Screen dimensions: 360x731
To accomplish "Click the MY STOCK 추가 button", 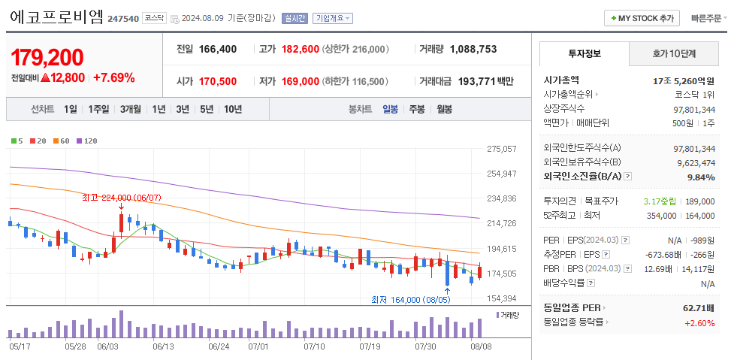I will tap(642, 18).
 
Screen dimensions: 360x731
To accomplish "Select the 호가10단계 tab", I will tap(673, 54).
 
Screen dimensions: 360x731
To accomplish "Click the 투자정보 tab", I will tap(584, 54).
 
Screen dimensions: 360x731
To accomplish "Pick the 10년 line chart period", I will tap(233, 109).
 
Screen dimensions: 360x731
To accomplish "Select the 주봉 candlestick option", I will tap(417, 109).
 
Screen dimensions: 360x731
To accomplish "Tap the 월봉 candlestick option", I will tap(444, 109).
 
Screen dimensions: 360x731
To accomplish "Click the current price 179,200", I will tap(47, 57).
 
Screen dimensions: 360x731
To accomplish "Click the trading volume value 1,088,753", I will tap(473, 49).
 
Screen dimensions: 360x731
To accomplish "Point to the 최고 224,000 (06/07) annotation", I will tap(121, 198).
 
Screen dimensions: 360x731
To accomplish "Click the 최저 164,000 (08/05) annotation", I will tap(411, 299).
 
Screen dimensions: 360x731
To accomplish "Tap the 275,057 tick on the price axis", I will tap(502, 149).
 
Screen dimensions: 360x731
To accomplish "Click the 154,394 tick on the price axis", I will tap(502, 298).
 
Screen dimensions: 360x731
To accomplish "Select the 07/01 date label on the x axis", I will tap(258, 346).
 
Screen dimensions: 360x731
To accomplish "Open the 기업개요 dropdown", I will tap(333, 18).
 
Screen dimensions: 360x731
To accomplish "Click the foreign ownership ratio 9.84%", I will tap(701, 177).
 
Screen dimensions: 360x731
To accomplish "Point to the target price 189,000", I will tap(700, 201).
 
